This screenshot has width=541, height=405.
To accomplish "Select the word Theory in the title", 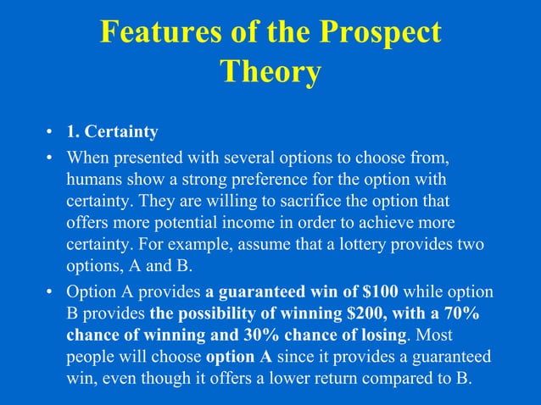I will (x=270, y=72).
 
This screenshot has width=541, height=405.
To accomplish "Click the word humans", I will (x=92, y=180).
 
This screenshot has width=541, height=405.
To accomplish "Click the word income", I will (x=231, y=224).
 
